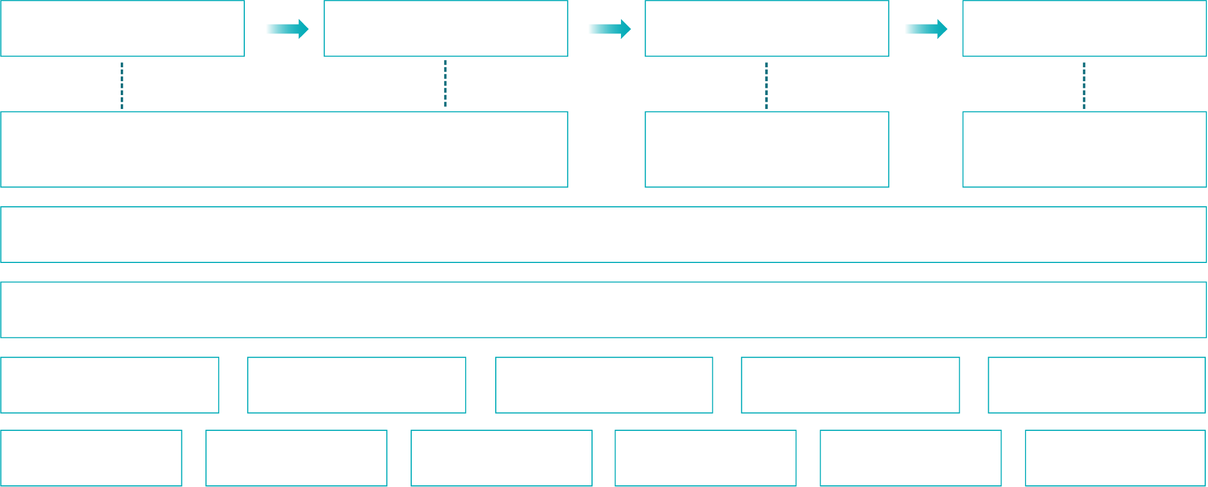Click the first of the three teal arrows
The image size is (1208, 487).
tap(287, 29)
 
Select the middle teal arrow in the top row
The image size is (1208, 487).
tap(609, 29)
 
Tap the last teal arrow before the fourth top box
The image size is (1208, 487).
tap(925, 29)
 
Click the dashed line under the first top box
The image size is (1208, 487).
tap(122, 86)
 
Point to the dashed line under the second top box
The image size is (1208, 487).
tap(445, 83)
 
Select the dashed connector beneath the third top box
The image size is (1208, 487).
tap(766, 86)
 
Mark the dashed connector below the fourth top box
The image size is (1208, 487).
tap(1084, 86)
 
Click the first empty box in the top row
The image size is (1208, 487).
tap(122, 28)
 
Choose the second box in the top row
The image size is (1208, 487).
tap(446, 28)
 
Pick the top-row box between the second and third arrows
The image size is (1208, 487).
tap(767, 28)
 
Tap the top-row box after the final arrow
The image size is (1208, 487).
tap(1084, 28)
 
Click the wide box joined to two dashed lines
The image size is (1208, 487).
tap(284, 150)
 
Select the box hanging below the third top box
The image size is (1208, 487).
tap(767, 150)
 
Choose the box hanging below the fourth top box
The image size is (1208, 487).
tap(1084, 150)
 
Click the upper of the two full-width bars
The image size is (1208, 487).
tap(604, 235)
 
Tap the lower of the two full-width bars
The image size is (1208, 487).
tap(604, 310)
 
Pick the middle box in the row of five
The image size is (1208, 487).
tap(604, 385)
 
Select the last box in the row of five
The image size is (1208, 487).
tap(1097, 385)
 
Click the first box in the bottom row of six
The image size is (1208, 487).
tap(91, 458)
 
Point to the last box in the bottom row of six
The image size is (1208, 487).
tap(1116, 458)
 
